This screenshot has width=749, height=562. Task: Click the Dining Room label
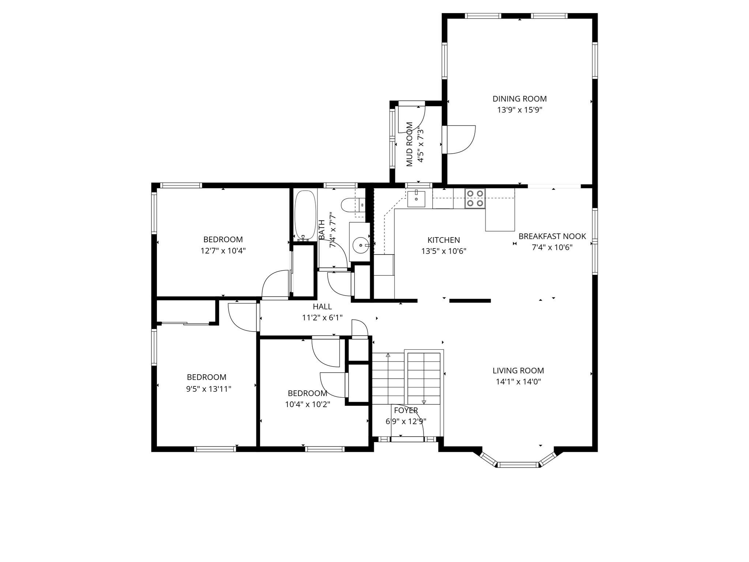pyautogui.click(x=519, y=99)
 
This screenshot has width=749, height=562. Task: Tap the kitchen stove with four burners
pyautogui.click(x=475, y=198)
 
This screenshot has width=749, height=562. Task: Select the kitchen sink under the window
pyautogui.click(x=416, y=199)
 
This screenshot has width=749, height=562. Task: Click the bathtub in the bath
pyautogui.click(x=305, y=215)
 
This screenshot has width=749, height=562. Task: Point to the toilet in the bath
pyautogui.click(x=351, y=205)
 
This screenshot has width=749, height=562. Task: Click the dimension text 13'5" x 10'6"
pyautogui.click(x=444, y=251)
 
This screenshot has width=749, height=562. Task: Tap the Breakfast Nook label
pyautogui.click(x=552, y=236)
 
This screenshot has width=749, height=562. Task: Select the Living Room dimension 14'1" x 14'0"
pyautogui.click(x=518, y=382)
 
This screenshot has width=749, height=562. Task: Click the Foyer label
pyautogui.click(x=406, y=411)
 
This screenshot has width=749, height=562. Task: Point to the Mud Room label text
pyautogui.click(x=410, y=145)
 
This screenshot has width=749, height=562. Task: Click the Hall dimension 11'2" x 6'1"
pyautogui.click(x=322, y=318)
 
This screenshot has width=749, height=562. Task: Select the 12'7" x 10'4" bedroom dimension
pyautogui.click(x=223, y=251)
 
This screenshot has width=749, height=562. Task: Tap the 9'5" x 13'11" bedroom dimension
pyautogui.click(x=208, y=389)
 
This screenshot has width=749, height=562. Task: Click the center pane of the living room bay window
pyautogui.click(x=518, y=465)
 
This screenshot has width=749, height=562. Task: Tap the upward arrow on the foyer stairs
pyautogui.click(x=388, y=355)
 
